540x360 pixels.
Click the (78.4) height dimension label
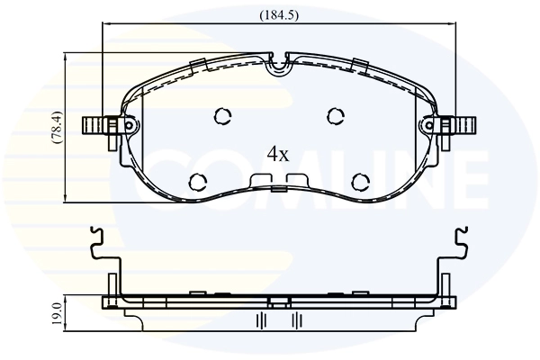56,128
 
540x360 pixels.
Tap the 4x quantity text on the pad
278,154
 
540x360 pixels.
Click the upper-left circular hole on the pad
222,115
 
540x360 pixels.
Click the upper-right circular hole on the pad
336,115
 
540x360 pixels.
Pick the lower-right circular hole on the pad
360,181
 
